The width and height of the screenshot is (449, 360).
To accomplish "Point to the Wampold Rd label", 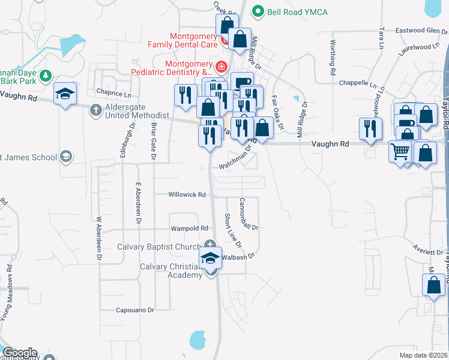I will (x=189, y=229).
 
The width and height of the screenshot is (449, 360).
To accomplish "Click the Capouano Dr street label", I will (x=135, y=310).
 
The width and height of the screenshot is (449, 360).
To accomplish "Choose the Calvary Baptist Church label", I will (x=158, y=247).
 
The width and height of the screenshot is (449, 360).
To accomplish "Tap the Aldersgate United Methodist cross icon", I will (x=95, y=110).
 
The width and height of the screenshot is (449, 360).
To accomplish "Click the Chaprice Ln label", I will (x=113, y=94).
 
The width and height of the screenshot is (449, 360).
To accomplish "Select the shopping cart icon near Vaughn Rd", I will (x=400, y=151).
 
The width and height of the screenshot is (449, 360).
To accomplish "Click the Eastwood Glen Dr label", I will (x=418, y=30).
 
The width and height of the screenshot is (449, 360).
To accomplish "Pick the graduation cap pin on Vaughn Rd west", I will (x=65, y=94).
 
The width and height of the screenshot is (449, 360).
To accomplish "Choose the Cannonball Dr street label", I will (x=249, y=214).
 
